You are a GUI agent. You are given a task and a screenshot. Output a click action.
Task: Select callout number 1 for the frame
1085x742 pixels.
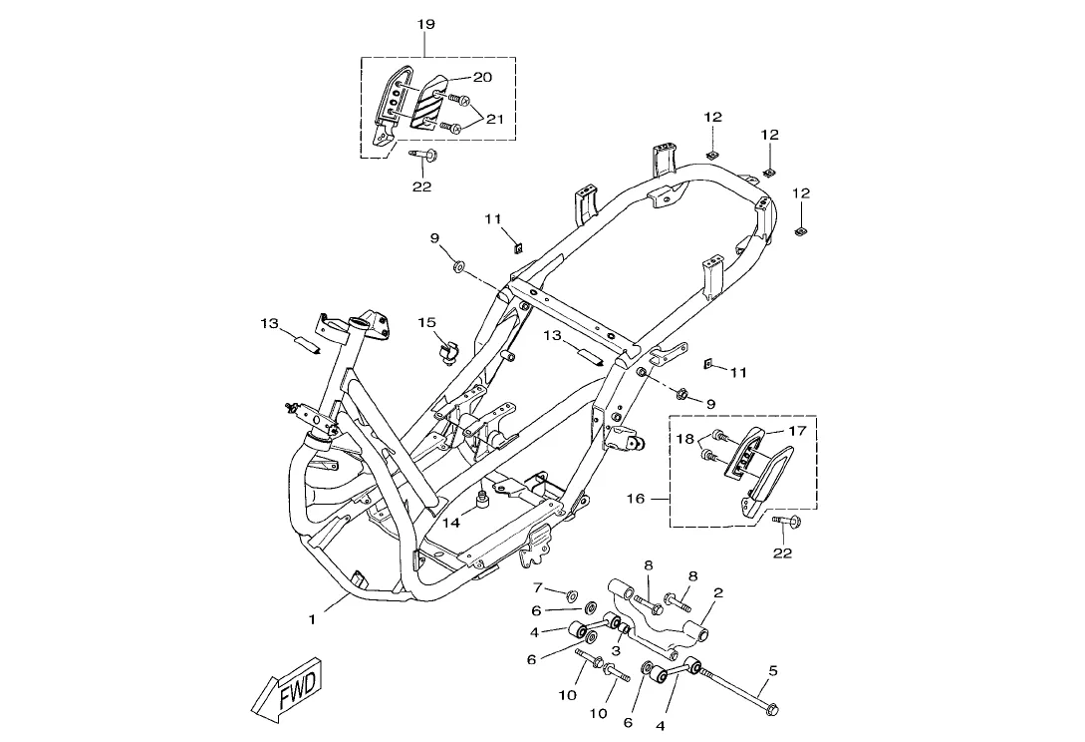coord(312,619)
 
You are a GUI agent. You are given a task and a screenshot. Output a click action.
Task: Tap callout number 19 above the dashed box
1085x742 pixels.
coord(424,23)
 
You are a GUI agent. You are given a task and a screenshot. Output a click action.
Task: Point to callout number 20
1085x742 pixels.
coord(482,77)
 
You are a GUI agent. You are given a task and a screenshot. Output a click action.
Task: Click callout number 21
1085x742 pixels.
coord(494,120)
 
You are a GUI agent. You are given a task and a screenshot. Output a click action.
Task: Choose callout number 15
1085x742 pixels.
coord(426,322)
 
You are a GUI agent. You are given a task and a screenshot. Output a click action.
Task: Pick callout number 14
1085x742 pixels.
coord(451,523)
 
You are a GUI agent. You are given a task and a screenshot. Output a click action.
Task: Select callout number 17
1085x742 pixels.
coord(796,431)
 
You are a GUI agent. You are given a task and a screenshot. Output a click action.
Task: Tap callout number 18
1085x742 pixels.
coord(685,439)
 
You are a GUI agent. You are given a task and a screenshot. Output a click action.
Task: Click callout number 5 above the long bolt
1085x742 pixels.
coord(772,670)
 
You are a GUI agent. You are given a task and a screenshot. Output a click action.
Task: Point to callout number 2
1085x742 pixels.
coord(717,592)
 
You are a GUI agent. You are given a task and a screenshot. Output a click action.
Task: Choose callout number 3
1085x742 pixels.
coord(615,650)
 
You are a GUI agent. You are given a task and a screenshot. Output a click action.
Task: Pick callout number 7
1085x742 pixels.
coord(538,587)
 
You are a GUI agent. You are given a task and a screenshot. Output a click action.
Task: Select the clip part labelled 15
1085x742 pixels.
coord(447,351)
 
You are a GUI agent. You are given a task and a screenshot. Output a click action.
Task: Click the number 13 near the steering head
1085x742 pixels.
coord(269,323)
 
